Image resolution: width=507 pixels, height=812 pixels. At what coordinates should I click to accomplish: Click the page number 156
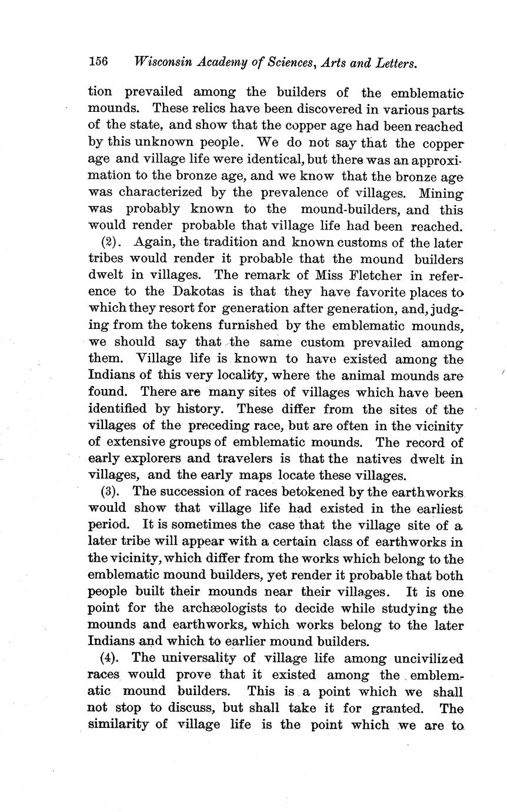coord(98,62)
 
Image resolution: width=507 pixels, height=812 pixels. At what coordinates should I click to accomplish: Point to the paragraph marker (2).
coord(110,242)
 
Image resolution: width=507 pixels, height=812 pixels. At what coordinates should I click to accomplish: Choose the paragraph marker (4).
coord(110,658)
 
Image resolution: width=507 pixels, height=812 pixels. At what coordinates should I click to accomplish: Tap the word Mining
coord(441,193)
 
